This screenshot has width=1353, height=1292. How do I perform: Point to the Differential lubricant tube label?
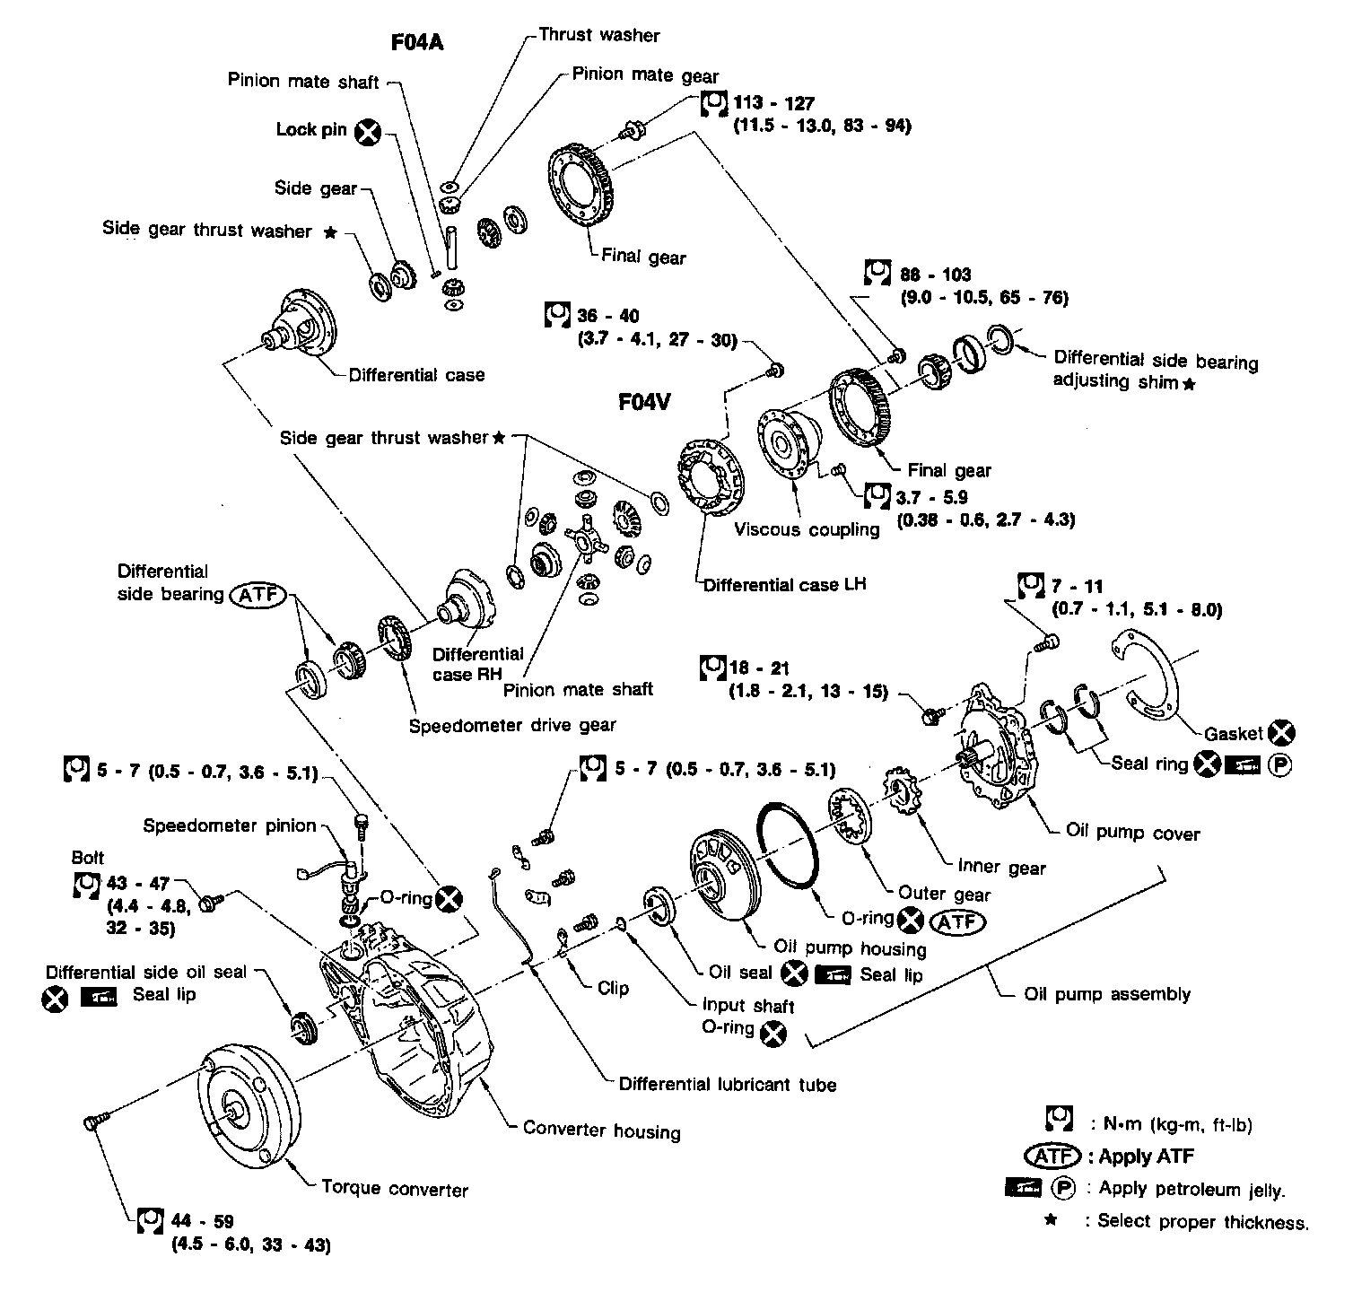pyautogui.click(x=728, y=1084)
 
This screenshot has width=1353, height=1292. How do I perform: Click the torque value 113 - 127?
pyautogui.click(x=773, y=103)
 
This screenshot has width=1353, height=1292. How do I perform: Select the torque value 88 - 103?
pyautogui.click(x=936, y=275)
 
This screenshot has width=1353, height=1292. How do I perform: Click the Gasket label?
pyautogui.click(x=1234, y=733)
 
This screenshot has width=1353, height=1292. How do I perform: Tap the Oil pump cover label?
pyautogui.click(x=1132, y=833)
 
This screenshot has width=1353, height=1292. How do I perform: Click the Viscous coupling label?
pyautogui.click(x=807, y=529)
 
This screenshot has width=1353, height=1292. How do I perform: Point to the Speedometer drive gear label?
pyautogui.click(x=512, y=725)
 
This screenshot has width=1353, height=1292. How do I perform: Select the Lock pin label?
pyautogui.click(x=310, y=130)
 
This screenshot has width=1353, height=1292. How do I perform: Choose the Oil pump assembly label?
pyautogui.click(x=1107, y=994)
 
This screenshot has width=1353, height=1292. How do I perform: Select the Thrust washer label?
pyautogui.click(x=598, y=36)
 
